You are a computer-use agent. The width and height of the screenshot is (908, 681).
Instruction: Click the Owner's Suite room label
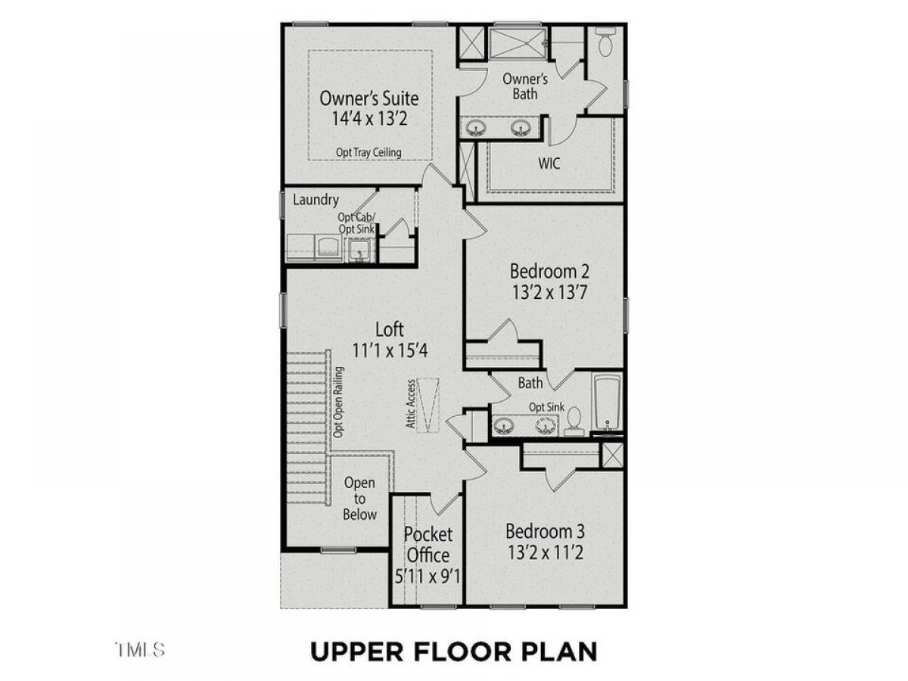pyautogui.click(x=369, y=98)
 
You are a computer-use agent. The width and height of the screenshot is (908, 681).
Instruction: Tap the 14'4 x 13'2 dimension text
pyautogui.click(x=369, y=118)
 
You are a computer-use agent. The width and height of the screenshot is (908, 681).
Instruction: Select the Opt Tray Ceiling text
pyautogui.click(x=368, y=153)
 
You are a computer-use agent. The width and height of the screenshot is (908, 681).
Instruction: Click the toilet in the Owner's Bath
pyautogui.click(x=605, y=42)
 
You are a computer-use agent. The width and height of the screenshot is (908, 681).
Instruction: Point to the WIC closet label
pyautogui.click(x=549, y=163)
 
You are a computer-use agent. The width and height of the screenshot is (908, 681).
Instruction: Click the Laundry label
pyautogui.click(x=316, y=200)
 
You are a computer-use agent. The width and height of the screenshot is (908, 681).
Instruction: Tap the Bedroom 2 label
pyautogui.click(x=549, y=271)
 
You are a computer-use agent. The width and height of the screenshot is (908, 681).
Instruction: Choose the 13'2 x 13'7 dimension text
pyautogui.click(x=549, y=293)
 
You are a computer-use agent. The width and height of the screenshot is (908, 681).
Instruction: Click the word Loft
pyautogui.click(x=389, y=330)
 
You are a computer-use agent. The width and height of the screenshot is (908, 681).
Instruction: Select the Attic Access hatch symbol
pyautogui.click(x=428, y=405)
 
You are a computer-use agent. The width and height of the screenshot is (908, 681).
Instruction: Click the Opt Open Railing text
pyautogui.click(x=338, y=402)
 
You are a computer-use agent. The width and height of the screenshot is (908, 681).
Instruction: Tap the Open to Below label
pyautogui.click(x=359, y=499)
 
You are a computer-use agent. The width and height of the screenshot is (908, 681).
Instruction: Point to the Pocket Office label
pyautogui.click(x=428, y=545)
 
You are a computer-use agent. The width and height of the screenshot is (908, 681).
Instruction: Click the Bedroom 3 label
pyautogui.click(x=545, y=532)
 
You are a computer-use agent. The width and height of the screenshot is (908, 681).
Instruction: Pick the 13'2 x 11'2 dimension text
pyautogui.click(x=546, y=553)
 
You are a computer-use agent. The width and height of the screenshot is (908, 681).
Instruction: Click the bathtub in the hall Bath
pyautogui.click(x=607, y=402)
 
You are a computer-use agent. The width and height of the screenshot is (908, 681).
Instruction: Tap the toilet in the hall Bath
pyautogui.click(x=574, y=421)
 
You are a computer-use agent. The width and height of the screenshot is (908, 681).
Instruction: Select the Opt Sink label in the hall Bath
pyautogui.click(x=546, y=407)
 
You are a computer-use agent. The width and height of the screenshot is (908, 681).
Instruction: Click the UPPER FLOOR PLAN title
pyautogui.click(x=454, y=651)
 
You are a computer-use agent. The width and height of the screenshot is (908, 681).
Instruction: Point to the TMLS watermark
pyautogui.click(x=140, y=649)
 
